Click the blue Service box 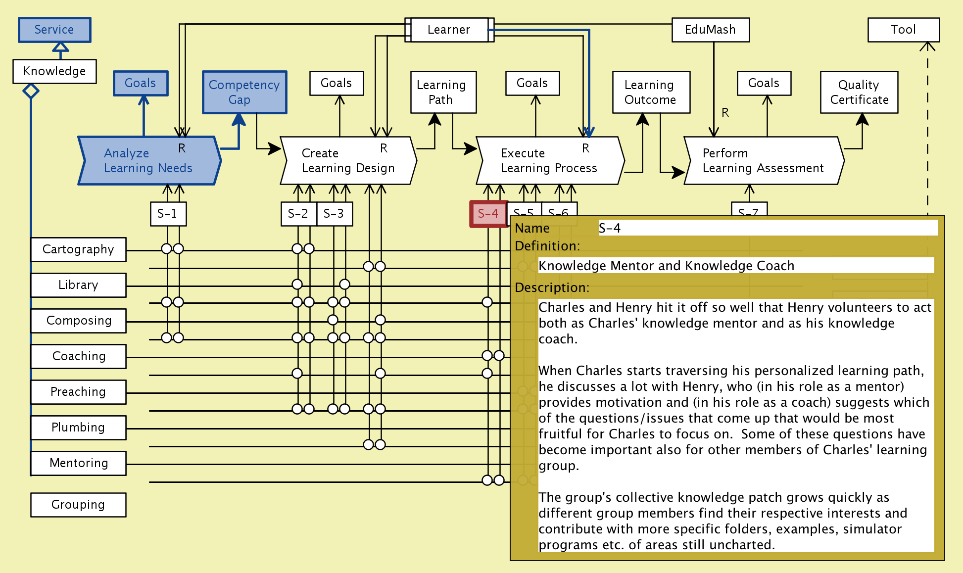(54, 30)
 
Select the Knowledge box (54, 71)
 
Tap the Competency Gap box (244, 92)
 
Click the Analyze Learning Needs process (148, 161)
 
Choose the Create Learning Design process (348, 161)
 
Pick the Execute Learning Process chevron (549, 161)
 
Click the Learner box (449, 30)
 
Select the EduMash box (710, 30)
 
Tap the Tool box (903, 30)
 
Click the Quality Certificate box (859, 92)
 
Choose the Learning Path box (441, 92)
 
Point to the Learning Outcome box (650, 92)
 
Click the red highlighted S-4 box (488, 214)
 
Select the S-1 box (168, 214)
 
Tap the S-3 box (334, 214)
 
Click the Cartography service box (78, 249)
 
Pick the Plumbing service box (78, 428)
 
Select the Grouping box (78, 505)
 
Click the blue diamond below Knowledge (31, 91)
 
